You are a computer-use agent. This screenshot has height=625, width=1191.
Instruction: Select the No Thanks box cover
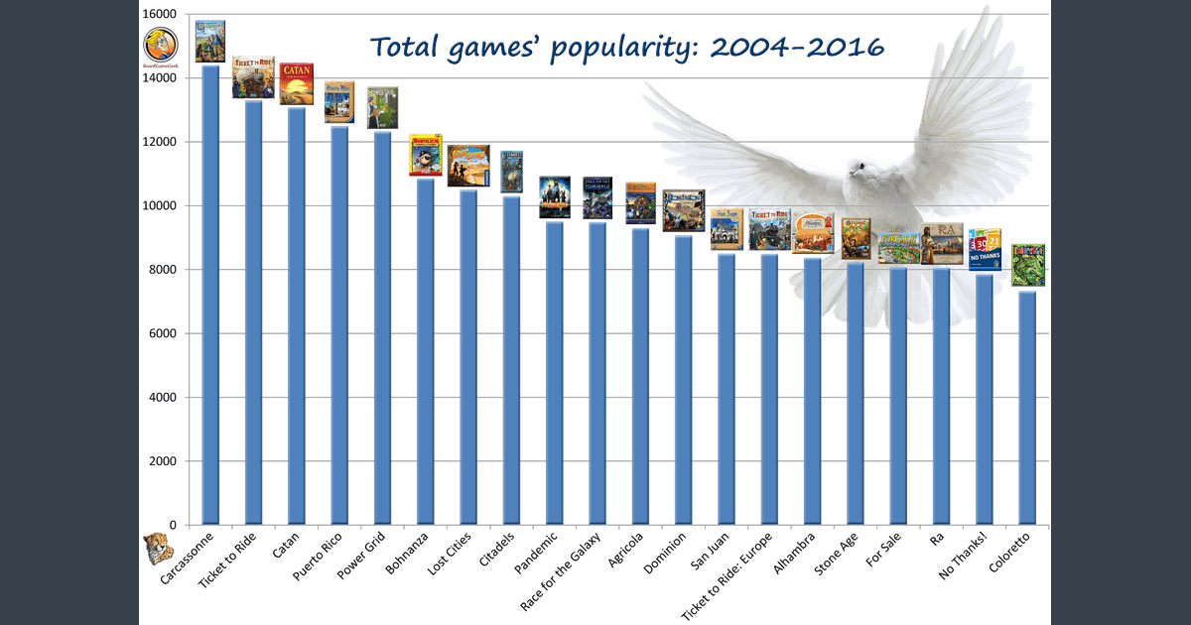(x=986, y=249)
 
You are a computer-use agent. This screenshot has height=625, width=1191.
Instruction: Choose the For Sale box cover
(x=899, y=248)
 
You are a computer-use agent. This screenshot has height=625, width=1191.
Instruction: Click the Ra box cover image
(x=941, y=244)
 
